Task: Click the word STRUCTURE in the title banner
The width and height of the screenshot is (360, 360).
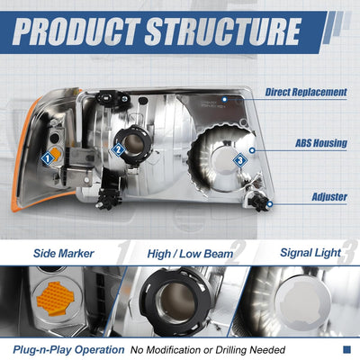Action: pyautogui.click(x=222, y=31)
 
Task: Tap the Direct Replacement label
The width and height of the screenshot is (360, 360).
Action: pyautogui.click(x=306, y=92)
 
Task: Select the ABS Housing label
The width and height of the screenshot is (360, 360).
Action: pyautogui.click(x=321, y=143)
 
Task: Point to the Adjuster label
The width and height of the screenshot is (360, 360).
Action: pyautogui.click(x=329, y=197)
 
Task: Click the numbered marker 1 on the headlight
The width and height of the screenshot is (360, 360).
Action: pyautogui.click(x=47, y=158)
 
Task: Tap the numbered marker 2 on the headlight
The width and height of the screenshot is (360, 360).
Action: pyautogui.click(x=118, y=149)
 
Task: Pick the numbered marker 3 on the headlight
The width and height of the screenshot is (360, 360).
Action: pyautogui.click(x=240, y=160)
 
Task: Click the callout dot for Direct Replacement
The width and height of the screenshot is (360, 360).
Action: pyautogui.click(x=224, y=99)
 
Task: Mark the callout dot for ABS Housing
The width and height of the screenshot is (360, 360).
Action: pyautogui.click(x=252, y=150)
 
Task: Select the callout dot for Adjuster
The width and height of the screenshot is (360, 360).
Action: pyautogui.click(x=270, y=204)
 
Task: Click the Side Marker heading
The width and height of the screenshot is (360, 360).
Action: pyautogui.click(x=64, y=254)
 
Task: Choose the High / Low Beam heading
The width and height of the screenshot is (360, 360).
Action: pyautogui.click(x=190, y=254)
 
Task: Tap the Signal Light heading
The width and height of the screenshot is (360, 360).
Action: pyautogui.click(x=310, y=253)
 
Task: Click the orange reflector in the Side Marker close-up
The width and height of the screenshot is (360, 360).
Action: pyautogui.click(x=56, y=299)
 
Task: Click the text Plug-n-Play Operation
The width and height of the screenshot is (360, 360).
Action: pyautogui.click(x=68, y=350)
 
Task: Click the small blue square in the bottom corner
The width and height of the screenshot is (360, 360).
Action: pyautogui.click(x=346, y=349)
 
